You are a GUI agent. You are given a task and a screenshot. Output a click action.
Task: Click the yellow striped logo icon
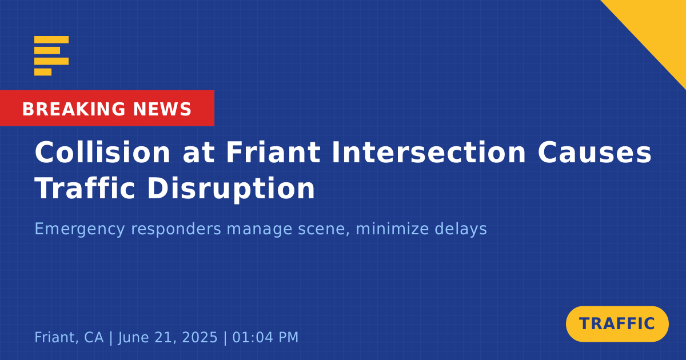[x=51, y=56]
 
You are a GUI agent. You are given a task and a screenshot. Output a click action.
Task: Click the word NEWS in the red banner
[x=162, y=109]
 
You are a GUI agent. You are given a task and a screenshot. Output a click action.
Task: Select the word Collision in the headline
[x=102, y=152]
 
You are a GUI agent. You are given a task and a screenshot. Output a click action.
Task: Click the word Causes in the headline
[x=595, y=152]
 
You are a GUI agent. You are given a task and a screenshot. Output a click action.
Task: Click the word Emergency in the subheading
[x=79, y=229]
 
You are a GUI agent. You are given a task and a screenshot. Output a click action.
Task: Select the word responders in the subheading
[x=176, y=229]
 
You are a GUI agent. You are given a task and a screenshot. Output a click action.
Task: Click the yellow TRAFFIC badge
[x=617, y=324]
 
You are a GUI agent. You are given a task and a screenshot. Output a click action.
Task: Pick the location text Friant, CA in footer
[x=69, y=337]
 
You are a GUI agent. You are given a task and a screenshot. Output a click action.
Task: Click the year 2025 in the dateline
[x=200, y=337]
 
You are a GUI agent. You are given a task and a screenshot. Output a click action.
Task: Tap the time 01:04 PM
[x=265, y=337]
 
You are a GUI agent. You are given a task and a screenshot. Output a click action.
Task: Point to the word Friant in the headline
[x=273, y=152]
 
